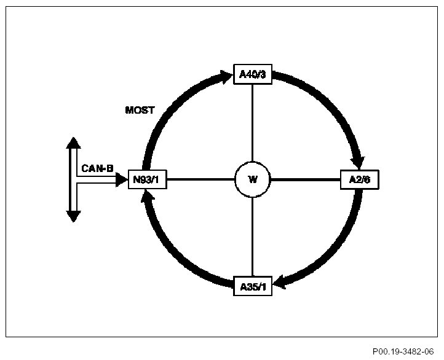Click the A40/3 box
253,75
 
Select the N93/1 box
148,179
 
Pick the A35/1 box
253,286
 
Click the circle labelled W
253,180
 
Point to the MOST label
140,111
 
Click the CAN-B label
97,168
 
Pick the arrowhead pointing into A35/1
280,282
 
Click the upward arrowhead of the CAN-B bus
73,144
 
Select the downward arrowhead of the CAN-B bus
73,216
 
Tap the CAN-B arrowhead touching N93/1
121,179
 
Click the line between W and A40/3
253,123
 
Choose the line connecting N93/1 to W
200,180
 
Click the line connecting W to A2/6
306,180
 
